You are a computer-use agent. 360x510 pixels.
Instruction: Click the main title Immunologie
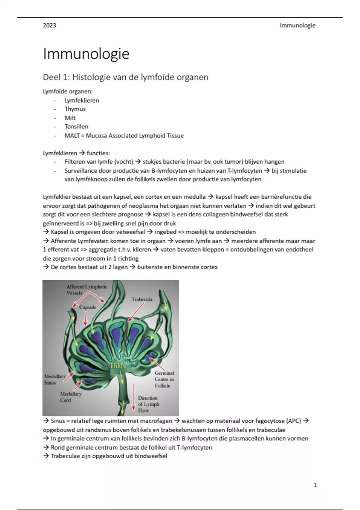[86, 54]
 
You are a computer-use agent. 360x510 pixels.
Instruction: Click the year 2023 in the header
[49, 25]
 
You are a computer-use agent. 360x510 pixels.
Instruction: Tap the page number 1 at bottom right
[315, 485]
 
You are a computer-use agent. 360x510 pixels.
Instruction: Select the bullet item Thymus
[75, 109]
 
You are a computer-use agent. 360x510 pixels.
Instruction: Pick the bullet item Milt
[70, 118]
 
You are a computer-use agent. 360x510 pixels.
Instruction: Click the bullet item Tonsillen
[76, 127]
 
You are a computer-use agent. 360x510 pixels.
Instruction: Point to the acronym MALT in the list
[72, 136]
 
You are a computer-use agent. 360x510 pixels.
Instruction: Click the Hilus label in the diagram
[118, 366]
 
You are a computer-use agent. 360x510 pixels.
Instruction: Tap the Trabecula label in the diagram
[142, 299]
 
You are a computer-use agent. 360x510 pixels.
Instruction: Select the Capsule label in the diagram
[88, 307]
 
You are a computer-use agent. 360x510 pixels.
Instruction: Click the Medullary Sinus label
[55, 379]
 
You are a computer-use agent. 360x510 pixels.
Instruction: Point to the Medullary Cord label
[70, 397]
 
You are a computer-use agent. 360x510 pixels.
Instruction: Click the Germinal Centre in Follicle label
[164, 379]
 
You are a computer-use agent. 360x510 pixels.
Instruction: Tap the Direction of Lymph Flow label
[148, 404]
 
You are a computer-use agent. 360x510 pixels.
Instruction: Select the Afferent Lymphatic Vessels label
[87, 290]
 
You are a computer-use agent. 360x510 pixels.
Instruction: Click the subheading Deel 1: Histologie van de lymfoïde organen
[125, 77]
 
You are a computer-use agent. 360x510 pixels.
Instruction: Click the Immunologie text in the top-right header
[297, 25]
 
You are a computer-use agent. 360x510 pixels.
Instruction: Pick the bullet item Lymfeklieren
[82, 100]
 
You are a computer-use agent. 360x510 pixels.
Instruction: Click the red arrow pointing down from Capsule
[86, 319]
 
